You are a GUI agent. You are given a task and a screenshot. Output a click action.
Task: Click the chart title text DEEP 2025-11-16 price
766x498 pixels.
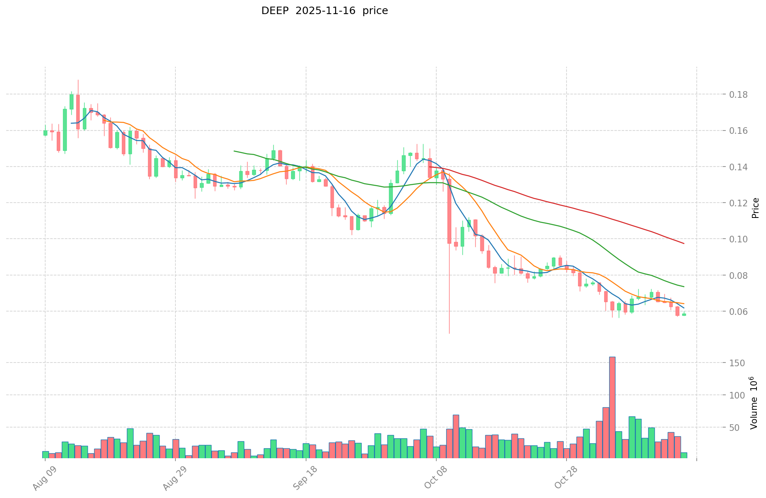324,11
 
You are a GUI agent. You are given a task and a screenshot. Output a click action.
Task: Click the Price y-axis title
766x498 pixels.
755,208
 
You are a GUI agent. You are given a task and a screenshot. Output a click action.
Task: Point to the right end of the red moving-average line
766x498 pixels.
684,243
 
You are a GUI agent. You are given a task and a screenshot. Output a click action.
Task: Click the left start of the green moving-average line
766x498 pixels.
234,151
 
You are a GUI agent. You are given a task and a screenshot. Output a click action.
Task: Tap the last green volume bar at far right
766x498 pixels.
684,455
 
